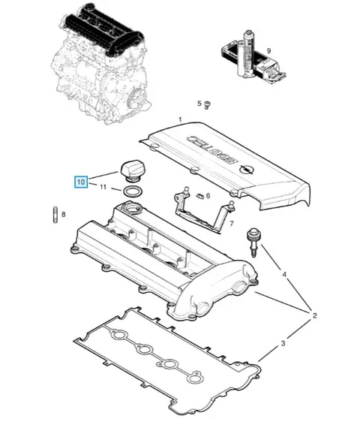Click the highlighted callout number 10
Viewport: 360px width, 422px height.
(81, 182)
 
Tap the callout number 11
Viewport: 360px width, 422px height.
(103, 186)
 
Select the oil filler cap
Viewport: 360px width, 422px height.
(131, 171)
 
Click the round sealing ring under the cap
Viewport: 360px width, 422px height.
(132, 191)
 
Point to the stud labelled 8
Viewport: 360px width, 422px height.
(55, 215)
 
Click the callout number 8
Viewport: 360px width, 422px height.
(64, 215)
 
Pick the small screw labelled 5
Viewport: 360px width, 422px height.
(207, 105)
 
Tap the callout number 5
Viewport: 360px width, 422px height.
(199, 104)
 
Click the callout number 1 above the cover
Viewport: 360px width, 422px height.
(181, 119)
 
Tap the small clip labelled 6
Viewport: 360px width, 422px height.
(199, 195)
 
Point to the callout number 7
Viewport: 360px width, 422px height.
(232, 223)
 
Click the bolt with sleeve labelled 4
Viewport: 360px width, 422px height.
(253, 243)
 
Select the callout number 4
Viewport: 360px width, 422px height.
(284, 275)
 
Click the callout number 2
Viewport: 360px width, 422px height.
(315, 315)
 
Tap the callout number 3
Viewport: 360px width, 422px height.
(283, 343)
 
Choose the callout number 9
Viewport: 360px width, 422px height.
(268, 50)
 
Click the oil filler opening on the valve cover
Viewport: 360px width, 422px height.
(131, 208)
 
